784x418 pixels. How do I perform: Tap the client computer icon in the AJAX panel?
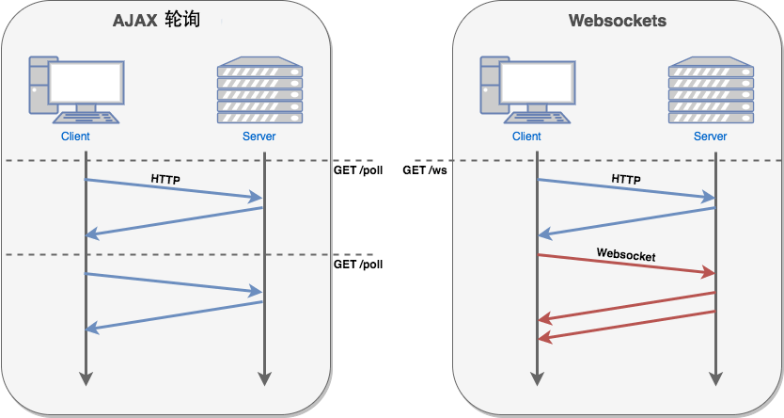tap(74, 89)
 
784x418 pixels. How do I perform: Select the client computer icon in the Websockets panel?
tap(525, 89)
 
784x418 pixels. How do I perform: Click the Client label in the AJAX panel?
tap(75, 137)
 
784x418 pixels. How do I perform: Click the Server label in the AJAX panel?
tap(259, 137)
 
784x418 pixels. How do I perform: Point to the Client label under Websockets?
tap(526, 137)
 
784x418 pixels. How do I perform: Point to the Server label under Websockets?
tap(711, 137)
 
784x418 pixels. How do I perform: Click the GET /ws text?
tap(425, 170)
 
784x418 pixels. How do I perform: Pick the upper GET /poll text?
tap(358, 170)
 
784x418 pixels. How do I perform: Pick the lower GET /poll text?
tap(358, 265)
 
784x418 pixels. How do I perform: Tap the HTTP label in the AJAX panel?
tap(165, 178)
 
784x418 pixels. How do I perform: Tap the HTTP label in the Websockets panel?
tap(626, 178)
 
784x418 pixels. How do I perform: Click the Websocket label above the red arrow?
tap(626, 254)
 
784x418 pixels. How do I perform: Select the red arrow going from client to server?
tap(626, 265)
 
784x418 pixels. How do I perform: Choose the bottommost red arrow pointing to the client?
tap(626, 325)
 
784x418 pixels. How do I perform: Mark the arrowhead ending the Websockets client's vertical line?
tap(537, 378)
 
